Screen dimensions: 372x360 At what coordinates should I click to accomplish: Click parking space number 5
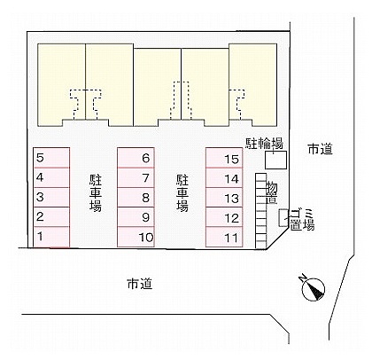(x=51, y=158)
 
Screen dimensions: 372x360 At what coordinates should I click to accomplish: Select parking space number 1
(x=51, y=237)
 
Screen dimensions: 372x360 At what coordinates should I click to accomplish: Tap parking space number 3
(x=51, y=197)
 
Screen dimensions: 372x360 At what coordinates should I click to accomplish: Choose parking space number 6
(x=136, y=158)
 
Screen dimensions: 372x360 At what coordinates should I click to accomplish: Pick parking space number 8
(x=136, y=197)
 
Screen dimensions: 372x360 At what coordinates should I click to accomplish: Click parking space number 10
(x=136, y=237)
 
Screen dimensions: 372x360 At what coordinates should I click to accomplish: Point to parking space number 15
(x=224, y=158)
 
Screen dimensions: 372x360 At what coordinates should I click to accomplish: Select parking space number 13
(x=224, y=197)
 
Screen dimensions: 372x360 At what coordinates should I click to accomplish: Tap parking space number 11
(x=224, y=237)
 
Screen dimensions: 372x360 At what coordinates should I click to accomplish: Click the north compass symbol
(x=313, y=289)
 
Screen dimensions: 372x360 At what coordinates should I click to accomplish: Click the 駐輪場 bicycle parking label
(x=265, y=144)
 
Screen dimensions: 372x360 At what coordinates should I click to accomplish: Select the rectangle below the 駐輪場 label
(x=275, y=160)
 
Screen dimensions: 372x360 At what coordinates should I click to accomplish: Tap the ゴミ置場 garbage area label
(x=302, y=220)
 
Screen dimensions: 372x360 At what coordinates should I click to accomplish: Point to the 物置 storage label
(x=272, y=192)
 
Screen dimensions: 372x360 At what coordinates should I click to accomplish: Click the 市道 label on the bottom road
(x=140, y=284)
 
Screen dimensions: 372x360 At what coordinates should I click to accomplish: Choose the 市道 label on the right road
(x=321, y=149)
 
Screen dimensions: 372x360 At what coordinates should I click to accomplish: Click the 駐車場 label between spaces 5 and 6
(x=96, y=193)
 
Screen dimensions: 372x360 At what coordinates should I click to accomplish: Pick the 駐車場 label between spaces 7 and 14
(x=182, y=193)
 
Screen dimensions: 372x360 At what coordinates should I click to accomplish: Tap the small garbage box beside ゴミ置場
(x=283, y=218)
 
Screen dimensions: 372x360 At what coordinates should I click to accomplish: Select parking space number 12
(x=224, y=217)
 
